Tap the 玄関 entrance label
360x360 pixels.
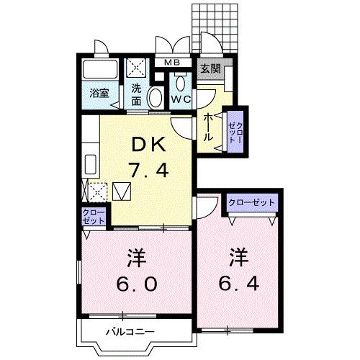pos(210,69)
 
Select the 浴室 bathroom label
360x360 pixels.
pos(99,93)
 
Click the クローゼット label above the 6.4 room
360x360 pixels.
pos(251,202)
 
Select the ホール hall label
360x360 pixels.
pos(207,125)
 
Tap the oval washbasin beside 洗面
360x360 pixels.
pos(154,98)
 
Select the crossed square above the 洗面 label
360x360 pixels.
pos(137,69)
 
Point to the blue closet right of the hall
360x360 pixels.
pos(234,130)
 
